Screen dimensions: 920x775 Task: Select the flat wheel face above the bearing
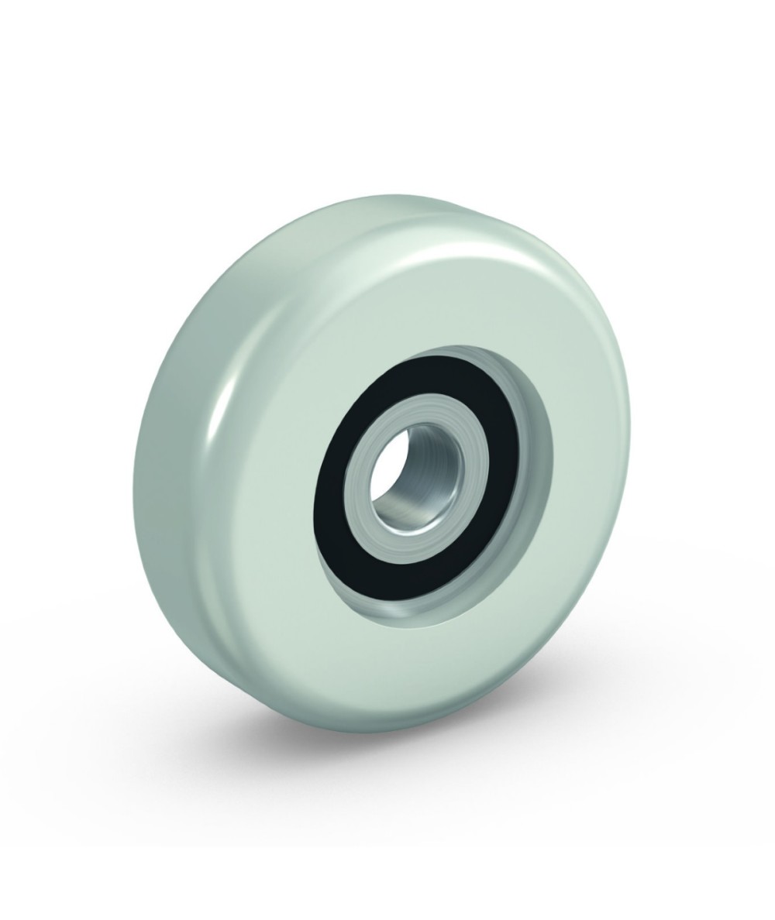(x=418, y=310)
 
